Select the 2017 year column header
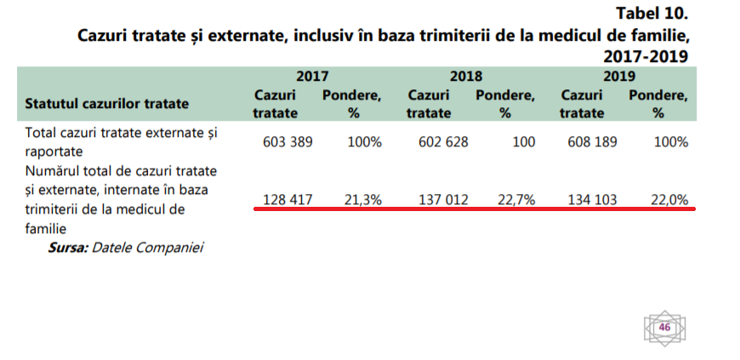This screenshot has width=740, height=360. point(313,76)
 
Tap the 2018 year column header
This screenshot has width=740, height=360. point(466,76)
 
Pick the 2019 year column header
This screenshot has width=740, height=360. point(620,76)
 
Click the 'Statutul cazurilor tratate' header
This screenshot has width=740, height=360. point(107,104)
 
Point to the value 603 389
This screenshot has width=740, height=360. point(287,142)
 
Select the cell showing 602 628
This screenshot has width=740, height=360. point(443,142)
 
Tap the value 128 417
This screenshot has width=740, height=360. point(287,199)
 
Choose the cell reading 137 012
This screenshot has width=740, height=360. point(443,199)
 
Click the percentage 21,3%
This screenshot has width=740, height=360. point(363,199)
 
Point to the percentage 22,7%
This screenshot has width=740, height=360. point(516,199)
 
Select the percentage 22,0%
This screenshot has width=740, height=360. point(669,199)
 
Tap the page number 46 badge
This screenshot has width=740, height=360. point(664,328)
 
